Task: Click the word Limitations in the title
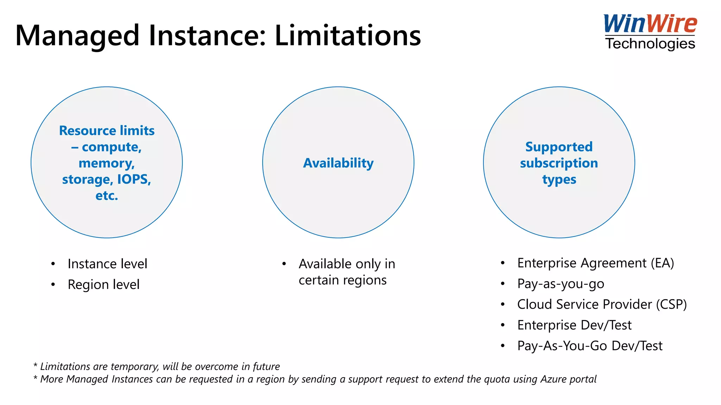click(x=347, y=36)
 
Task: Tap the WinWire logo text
click(x=650, y=24)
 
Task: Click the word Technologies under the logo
click(x=650, y=44)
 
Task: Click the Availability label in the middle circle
click(x=338, y=163)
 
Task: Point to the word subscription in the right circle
click(x=559, y=163)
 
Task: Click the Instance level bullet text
click(x=107, y=264)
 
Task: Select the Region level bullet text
click(x=104, y=284)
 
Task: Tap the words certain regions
click(x=343, y=280)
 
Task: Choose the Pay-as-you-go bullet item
click(x=560, y=284)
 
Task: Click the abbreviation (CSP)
click(x=671, y=304)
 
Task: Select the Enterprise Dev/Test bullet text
click(x=574, y=325)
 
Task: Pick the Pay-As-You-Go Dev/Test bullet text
click(x=590, y=346)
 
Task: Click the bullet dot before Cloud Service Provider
click(x=503, y=304)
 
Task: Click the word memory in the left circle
click(x=106, y=163)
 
